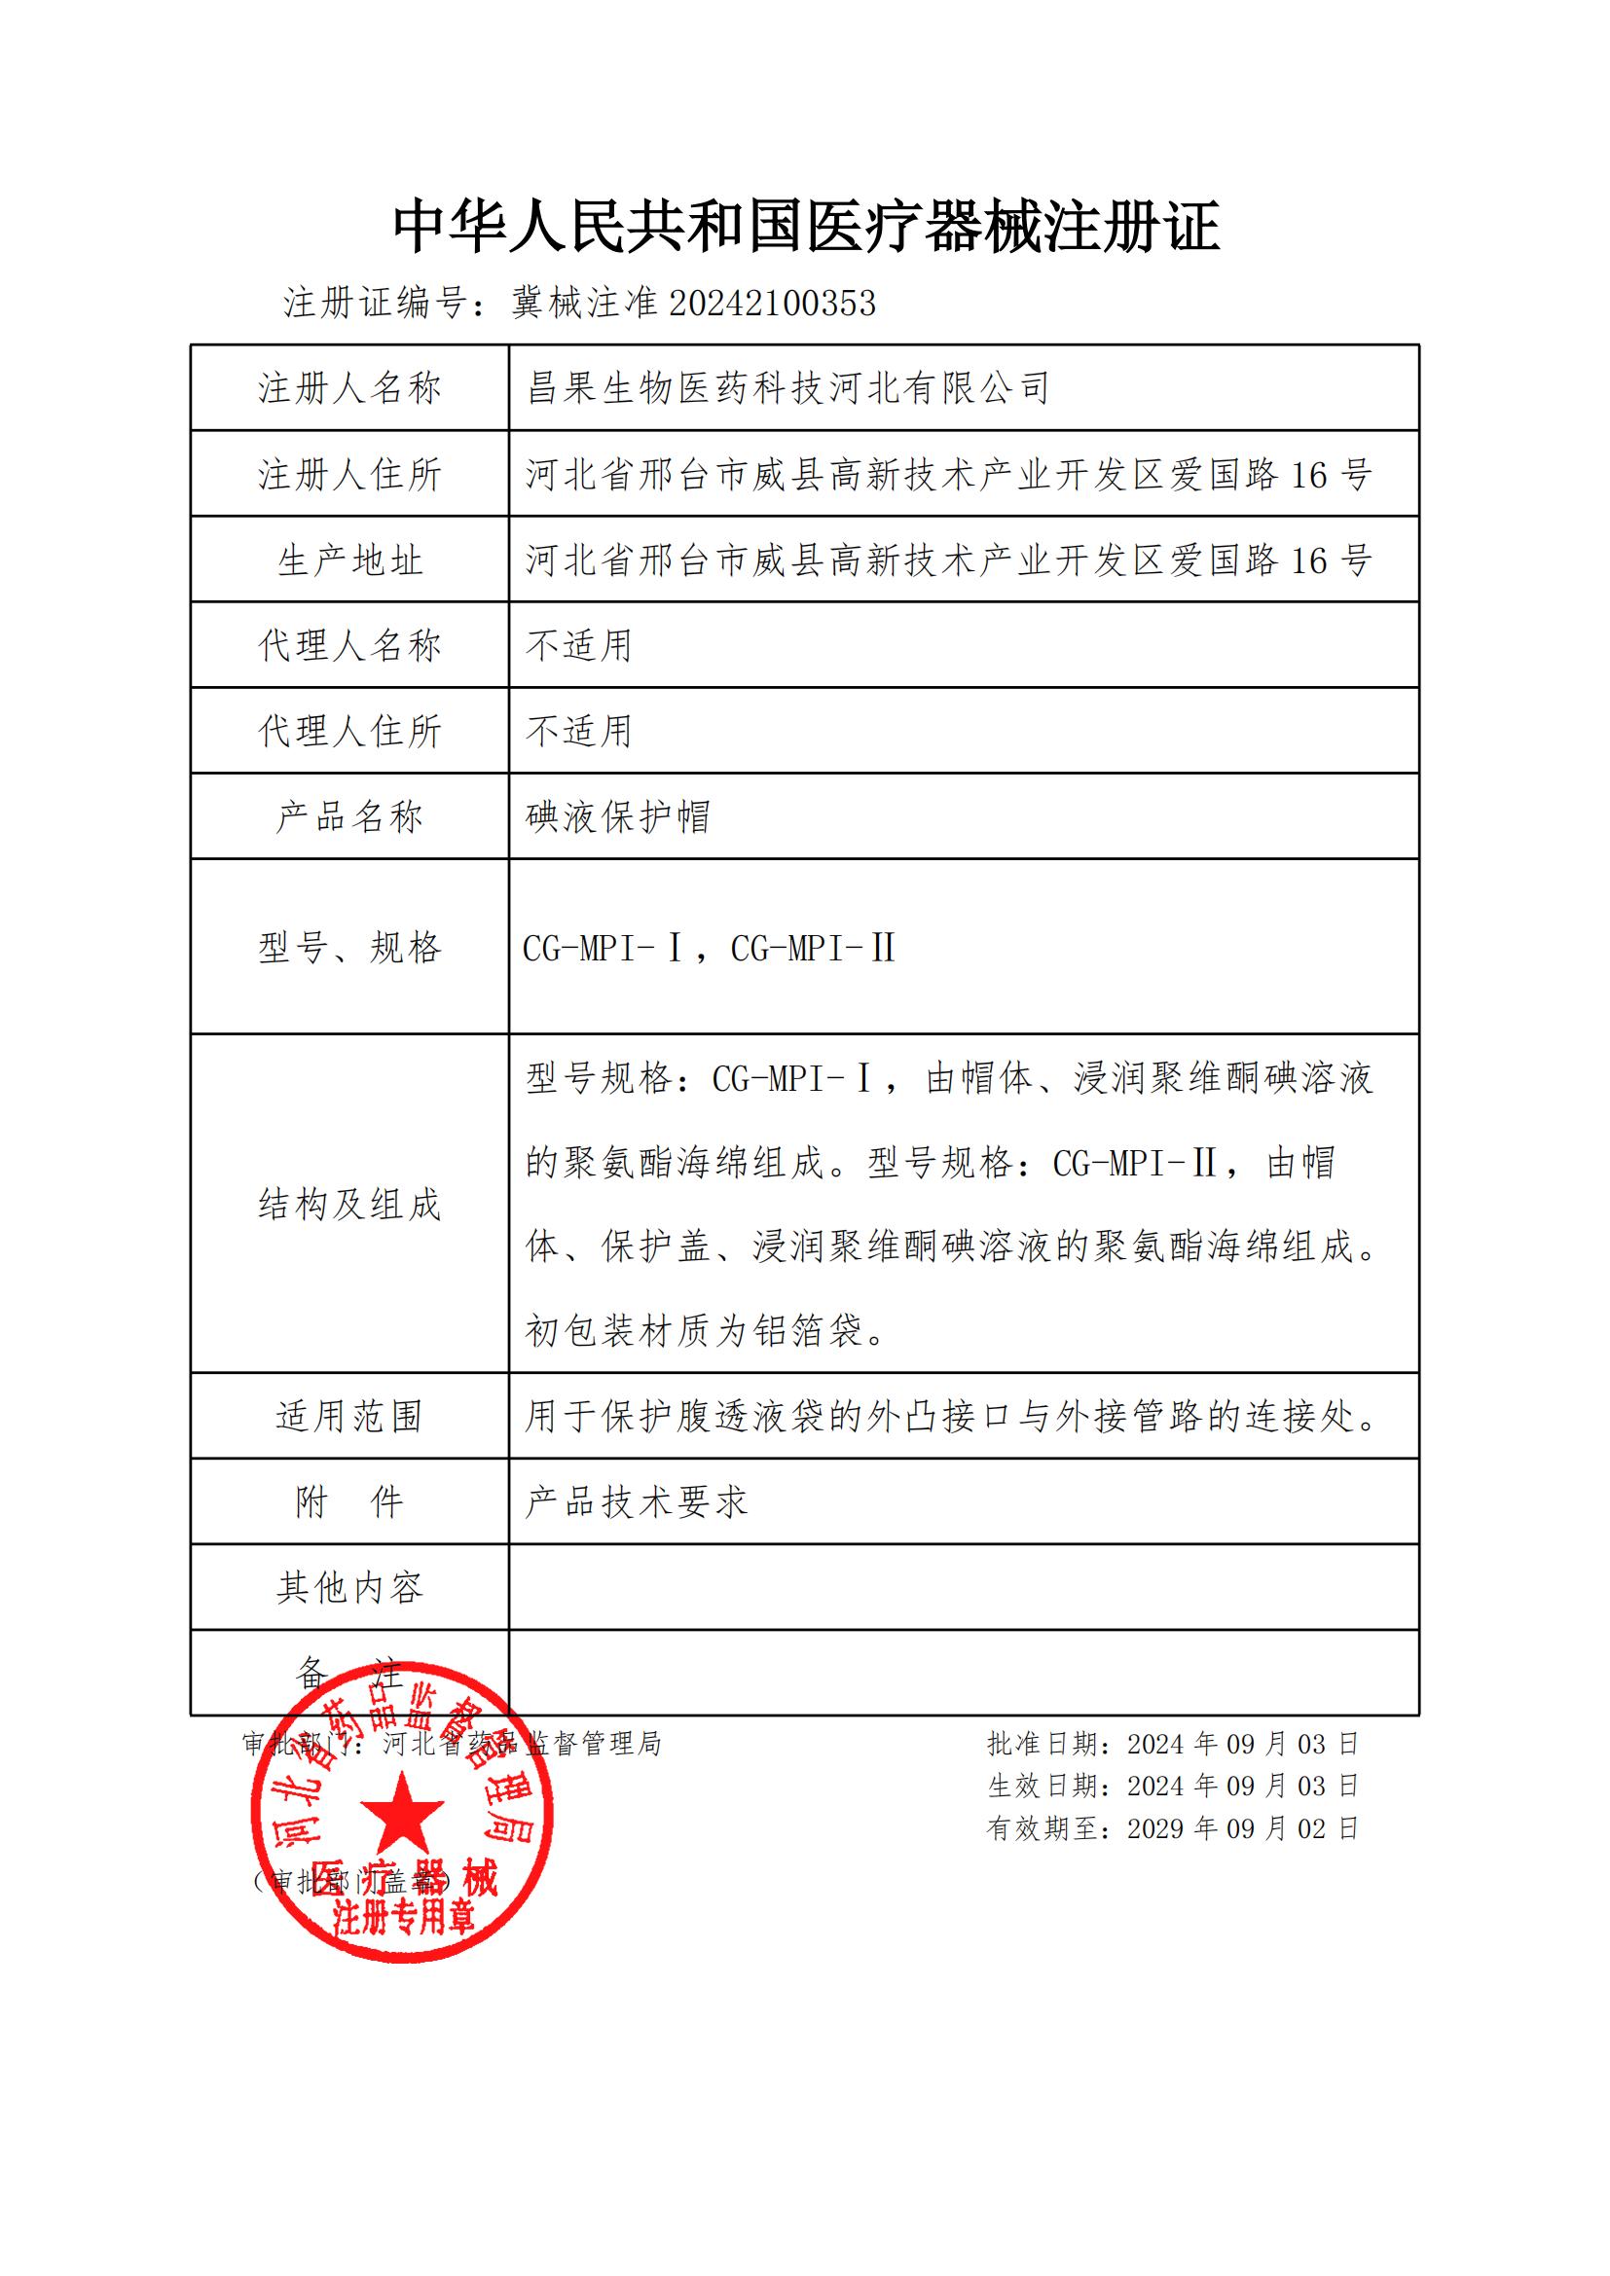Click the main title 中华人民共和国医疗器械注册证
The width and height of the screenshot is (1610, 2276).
(x=805, y=227)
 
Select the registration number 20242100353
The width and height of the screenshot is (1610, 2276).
(x=772, y=304)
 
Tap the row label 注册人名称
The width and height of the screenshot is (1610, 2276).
(x=349, y=387)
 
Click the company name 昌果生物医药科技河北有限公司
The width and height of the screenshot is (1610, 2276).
(x=787, y=387)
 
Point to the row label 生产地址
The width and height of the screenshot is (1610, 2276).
(x=349, y=560)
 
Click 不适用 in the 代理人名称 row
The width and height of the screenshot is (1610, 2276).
(x=579, y=645)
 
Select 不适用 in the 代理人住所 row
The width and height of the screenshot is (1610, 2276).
(x=579, y=732)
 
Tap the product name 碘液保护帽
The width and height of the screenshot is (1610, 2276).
(x=618, y=816)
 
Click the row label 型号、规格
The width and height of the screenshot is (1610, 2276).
(x=349, y=948)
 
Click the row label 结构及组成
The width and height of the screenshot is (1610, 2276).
(x=349, y=1205)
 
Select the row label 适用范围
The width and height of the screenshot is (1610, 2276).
(x=349, y=1417)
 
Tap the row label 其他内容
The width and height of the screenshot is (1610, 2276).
(x=349, y=1588)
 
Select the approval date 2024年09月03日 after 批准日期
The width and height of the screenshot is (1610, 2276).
(x=1242, y=1744)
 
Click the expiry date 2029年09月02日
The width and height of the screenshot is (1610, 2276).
(x=1242, y=1829)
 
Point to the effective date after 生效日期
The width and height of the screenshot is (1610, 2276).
(x=1242, y=1787)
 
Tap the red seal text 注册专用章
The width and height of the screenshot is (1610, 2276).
(x=404, y=1917)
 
